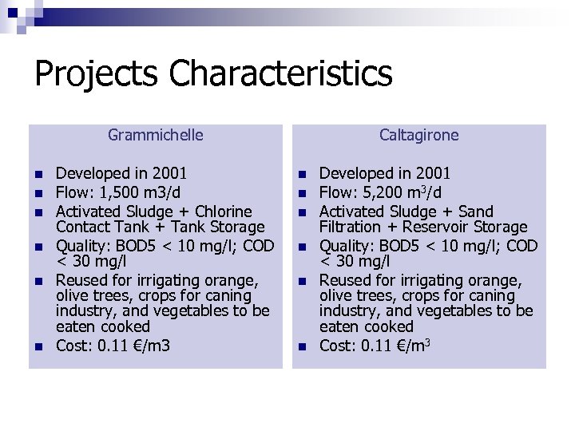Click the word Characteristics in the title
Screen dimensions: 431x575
[x=280, y=74]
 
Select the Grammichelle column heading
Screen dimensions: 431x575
[x=155, y=135]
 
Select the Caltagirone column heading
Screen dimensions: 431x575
[x=418, y=135]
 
